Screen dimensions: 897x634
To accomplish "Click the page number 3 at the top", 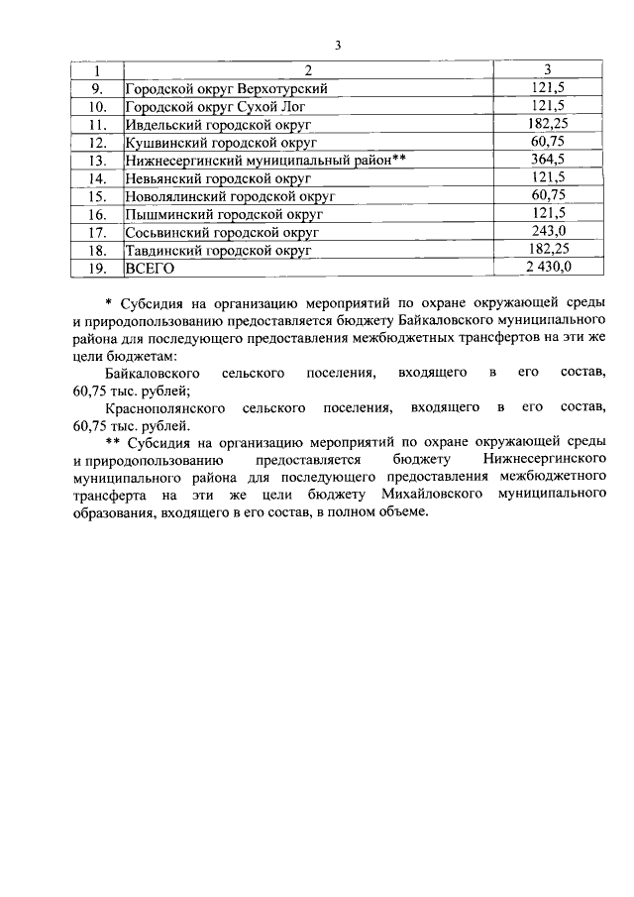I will pyautogui.click(x=338, y=46).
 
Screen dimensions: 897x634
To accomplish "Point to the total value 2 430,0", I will pyautogui.click(x=547, y=268).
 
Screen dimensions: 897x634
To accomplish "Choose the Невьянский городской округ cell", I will pyautogui.click(x=218, y=178).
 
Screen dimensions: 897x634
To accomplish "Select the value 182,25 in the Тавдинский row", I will pyautogui.click(x=547, y=250).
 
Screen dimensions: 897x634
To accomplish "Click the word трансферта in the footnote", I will pyautogui.click(x=110, y=493).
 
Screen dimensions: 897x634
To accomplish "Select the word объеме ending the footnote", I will pyautogui.click(x=402, y=510).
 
